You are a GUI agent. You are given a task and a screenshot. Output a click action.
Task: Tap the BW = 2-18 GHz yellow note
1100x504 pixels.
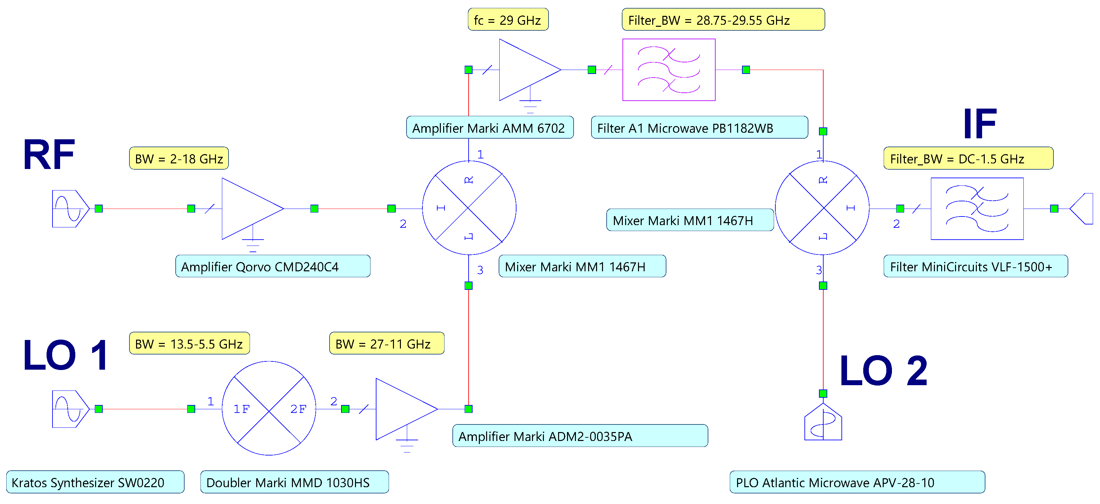point(179,159)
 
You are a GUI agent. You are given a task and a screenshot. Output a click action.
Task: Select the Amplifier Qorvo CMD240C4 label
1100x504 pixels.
point(272,267)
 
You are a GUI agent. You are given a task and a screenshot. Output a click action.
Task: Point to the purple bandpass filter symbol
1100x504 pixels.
point(668,70)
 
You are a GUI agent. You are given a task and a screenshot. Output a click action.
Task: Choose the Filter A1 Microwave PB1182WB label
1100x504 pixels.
point(699,128)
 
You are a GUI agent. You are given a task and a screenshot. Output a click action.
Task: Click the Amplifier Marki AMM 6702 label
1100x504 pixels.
point(489,128)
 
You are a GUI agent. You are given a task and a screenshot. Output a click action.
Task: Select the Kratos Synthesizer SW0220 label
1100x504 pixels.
point(95,482)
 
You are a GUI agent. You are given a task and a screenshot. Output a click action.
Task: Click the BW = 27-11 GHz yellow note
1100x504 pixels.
point(386,344)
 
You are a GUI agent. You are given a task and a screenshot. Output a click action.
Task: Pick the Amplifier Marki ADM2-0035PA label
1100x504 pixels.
point(580,436)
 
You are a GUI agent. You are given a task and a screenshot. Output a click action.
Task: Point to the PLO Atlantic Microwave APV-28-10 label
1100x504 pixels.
point(857,482)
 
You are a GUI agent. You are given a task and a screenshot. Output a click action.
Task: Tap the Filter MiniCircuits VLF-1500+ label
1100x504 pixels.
point(975,267)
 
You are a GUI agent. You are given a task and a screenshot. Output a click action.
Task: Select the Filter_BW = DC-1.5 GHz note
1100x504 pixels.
point(968,159)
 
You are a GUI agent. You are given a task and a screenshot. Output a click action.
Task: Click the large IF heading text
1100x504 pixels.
point(979,124)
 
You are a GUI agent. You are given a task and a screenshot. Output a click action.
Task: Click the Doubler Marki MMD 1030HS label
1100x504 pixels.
point(294,482)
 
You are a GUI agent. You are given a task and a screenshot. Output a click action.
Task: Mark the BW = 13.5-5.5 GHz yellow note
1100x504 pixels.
point(189,344)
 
